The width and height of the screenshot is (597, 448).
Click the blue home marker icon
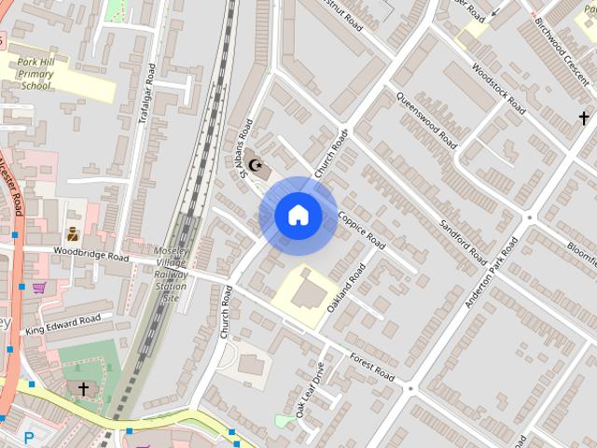tap(298, 216)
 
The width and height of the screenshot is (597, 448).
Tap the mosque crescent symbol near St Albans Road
tap(248, 167)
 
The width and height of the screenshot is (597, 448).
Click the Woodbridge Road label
tap(90, 253)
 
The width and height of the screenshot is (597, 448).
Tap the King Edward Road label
tap(62, 325)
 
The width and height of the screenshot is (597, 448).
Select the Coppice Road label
tap(362, 230)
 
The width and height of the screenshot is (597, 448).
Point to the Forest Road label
tap(373, 367)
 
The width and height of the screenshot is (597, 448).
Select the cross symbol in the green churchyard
tap(83, 388)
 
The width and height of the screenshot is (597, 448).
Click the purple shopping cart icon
tap(39, 287)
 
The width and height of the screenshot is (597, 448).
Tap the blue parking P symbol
tap(28, 436)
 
